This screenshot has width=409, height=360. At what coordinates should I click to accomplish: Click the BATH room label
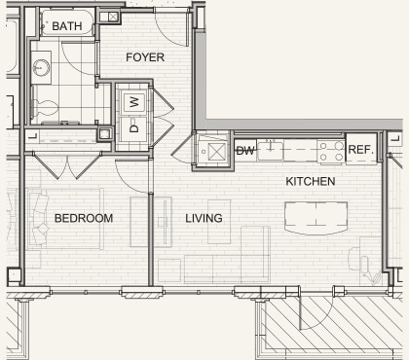(67, 25)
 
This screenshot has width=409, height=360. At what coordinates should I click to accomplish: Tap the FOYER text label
(145, 57)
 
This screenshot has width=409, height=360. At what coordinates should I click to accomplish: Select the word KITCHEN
(310, 182)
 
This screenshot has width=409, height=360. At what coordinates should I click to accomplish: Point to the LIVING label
(204, 218)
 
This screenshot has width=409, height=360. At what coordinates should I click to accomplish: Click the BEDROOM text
(84, 218)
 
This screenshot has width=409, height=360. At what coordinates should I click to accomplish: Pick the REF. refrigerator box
(360, 150)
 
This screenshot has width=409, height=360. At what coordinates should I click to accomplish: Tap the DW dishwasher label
(245, 150)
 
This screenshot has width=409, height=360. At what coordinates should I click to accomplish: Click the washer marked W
(134, 100)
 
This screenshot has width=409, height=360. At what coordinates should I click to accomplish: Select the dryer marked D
(134, 127)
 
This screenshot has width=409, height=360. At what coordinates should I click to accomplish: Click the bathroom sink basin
(42, 67)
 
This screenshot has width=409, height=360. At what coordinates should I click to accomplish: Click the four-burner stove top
(329, 150)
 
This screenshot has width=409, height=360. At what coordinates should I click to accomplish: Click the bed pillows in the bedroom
(42, 218)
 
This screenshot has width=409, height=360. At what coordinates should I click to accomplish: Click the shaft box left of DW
(211, 151)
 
